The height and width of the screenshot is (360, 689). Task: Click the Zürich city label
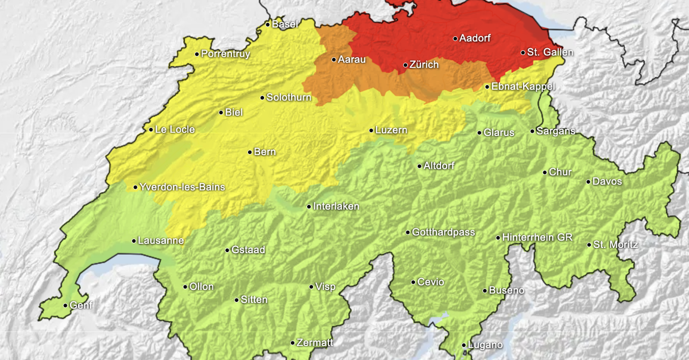(424, 65)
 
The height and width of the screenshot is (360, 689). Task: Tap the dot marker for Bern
(250, 152)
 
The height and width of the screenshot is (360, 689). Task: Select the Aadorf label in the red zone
(475, 38)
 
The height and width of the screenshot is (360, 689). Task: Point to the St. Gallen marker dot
(523, 53)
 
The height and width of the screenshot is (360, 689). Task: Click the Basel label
(285, 24)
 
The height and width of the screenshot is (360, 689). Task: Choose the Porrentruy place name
(226, 54)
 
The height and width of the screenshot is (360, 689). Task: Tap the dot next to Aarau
(334, 60)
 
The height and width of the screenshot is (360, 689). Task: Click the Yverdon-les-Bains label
(183, 187)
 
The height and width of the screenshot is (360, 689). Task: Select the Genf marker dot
(65, 305)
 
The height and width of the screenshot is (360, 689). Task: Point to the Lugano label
(485, 345)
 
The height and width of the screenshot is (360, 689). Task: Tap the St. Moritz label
(616, 245)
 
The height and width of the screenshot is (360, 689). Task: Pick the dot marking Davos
(589, 182)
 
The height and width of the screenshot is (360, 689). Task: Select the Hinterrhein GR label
(537, 238)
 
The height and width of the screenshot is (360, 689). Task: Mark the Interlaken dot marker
(309, 207)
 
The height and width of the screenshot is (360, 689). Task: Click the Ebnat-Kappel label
(520, 87)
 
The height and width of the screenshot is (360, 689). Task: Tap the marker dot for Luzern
(371, 130)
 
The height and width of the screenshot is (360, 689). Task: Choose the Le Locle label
(175, 130)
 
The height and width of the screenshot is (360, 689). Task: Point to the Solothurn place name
(289, 98)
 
